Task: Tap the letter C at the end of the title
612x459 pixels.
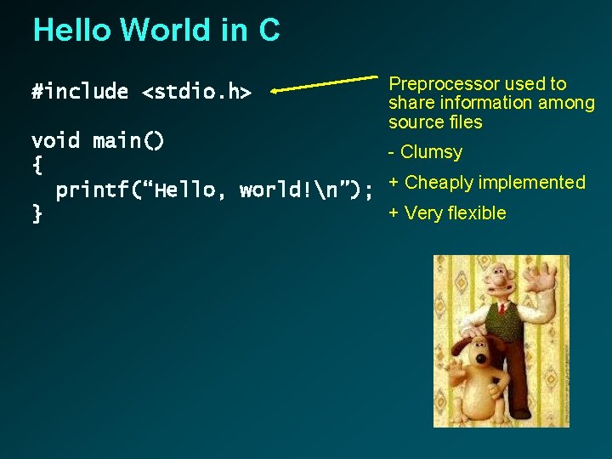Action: click(x=269, y=31)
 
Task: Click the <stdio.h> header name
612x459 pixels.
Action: click(x=196, y=92)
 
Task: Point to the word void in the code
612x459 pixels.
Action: click(x=55, y=140)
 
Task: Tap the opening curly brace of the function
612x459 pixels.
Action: click(x=37, y=165)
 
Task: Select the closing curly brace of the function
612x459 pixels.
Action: click(x=37, y=214)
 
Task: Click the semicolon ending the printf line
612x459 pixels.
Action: click(x=367, y=190)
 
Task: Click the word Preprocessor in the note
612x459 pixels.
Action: click(x=443, y=83)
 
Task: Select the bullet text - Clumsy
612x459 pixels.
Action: click(x=425, y=152)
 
